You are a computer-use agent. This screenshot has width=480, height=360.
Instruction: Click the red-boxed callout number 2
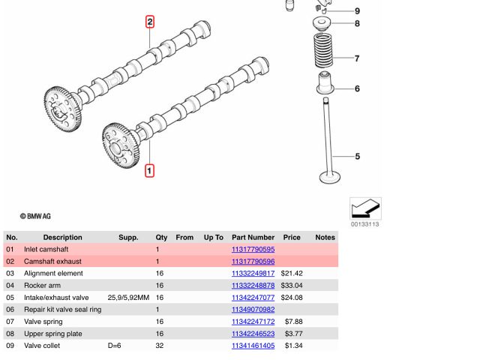[150, 22]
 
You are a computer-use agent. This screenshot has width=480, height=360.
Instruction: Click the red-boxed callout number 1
[149, 171]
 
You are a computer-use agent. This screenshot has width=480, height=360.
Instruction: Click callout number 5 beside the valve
[358, 157]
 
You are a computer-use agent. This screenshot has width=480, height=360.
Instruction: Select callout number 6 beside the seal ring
[357, 89]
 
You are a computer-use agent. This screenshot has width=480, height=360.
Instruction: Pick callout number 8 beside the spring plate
[357, 24]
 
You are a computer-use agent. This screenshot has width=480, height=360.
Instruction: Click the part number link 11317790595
[253, 250]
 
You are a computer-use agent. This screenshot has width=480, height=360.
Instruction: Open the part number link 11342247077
[253, 298]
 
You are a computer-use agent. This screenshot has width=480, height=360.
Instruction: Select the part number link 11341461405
[253, 346]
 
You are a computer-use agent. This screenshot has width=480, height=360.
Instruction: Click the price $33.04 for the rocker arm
[292, 286]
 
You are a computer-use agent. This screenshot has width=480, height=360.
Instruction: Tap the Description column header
[62, 237]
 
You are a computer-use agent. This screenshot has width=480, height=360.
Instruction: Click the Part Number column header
[253, 237]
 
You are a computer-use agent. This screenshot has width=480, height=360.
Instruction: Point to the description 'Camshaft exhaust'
[52, 262]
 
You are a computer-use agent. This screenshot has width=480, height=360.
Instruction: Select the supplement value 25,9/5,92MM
[128, 298]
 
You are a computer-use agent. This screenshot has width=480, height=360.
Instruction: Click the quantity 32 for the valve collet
[159, 346]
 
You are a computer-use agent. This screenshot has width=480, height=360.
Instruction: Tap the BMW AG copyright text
[35, 216]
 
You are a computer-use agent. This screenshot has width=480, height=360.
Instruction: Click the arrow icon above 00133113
[365, 208]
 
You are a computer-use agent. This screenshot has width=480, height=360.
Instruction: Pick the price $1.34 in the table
[293, 346]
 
